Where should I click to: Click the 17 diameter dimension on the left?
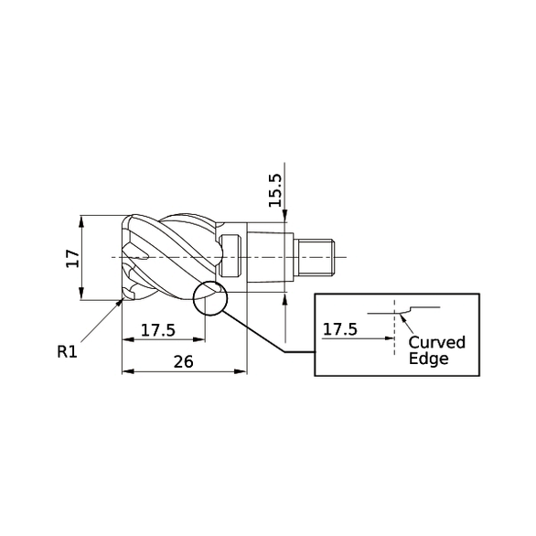pos(72,259)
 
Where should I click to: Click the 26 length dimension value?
pos(183,361)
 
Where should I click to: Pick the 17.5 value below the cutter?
pos(157,329)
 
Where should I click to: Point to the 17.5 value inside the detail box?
pos(340,328)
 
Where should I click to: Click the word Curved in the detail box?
pos(436,342)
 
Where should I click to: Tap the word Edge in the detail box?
pos(428,359)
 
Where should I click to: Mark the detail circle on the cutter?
pos(209,297)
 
